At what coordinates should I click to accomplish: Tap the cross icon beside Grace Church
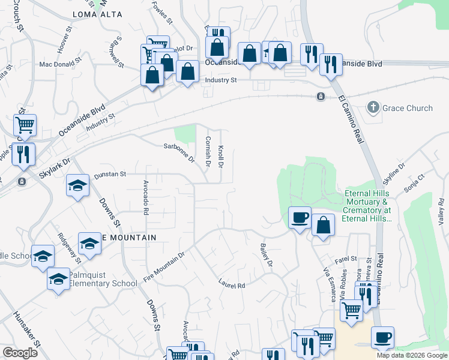(x=373, y=108)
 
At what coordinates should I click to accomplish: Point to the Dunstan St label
(x=110, y=174)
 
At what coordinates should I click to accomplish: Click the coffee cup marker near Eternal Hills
(x=299, y=217)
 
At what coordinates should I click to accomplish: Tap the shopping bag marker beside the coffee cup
(x=323, y=226)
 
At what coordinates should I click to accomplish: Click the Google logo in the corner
(x=20, y=353)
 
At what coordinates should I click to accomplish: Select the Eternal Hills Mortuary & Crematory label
(x=367, y=206)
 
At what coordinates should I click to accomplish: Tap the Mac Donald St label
(x=60, y=61)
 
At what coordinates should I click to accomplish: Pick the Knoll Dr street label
(x=221, y=156)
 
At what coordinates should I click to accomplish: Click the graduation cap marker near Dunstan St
(x=77, y=185)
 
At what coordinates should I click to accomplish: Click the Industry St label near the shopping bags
(x=221, y=80)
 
